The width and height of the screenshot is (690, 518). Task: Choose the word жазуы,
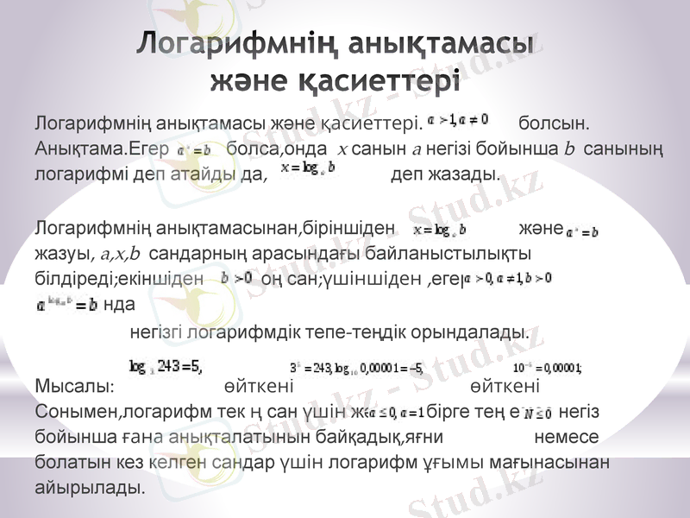coord(65,254)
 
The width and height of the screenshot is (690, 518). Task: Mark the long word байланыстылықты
coord(456,254)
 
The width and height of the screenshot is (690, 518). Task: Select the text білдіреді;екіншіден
coord(119,279)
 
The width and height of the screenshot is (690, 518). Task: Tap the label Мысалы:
coord(74,385)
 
